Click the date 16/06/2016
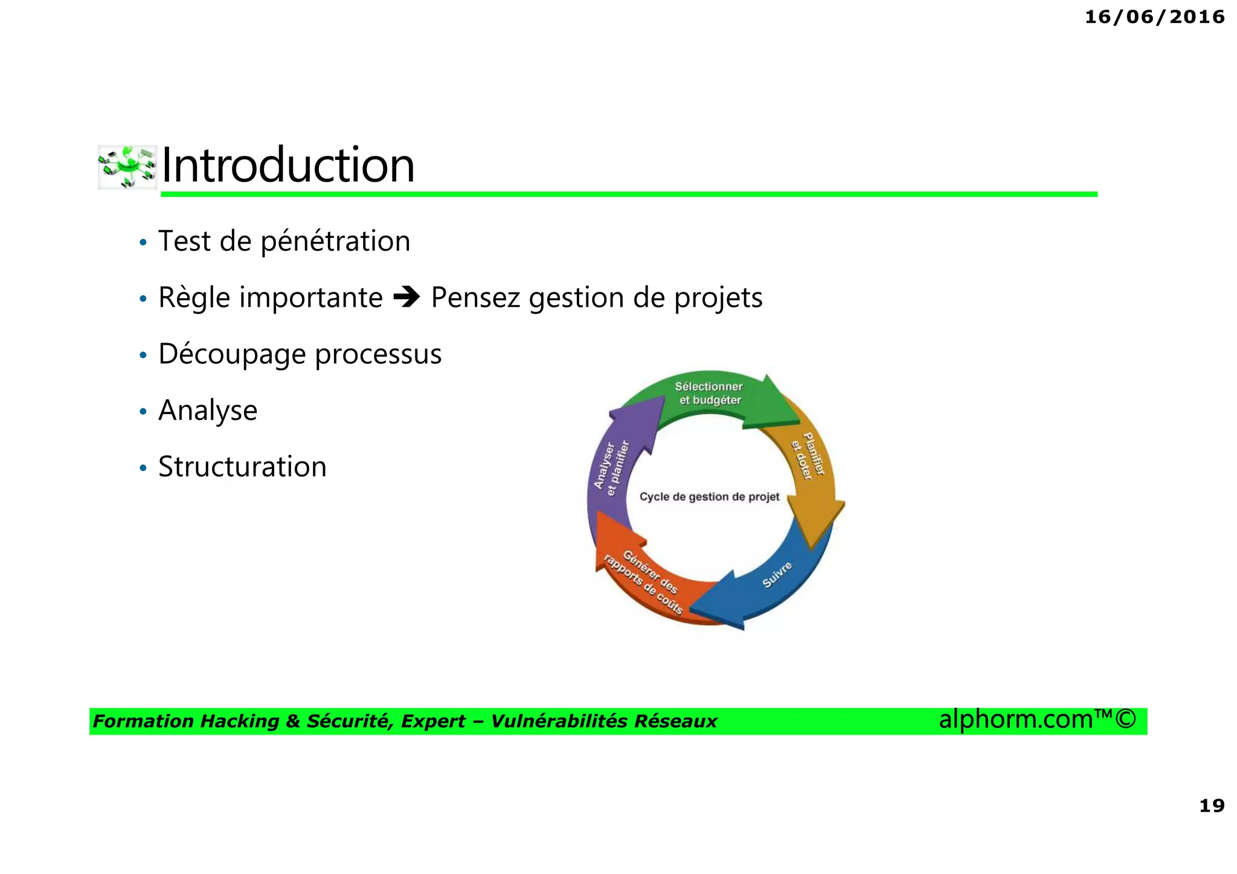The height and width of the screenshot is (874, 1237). click(x=1154, y=17)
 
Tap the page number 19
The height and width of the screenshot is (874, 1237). click(x=1211, y=806)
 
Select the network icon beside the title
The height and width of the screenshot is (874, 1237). click(x=127, y=167)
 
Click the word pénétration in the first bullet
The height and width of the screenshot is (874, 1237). click(x=335, y=242)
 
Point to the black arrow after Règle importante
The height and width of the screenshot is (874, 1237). click(x=406, y=297)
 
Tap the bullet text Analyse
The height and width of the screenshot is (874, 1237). click(x=208, y=411)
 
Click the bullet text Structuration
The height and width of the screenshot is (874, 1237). click(x=242, y=467)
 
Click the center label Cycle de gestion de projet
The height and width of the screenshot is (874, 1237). click(x=709, y=497)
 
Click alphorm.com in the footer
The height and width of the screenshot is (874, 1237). click(x=1015, y=719)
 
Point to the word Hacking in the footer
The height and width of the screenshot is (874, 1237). click(x=239, y=721)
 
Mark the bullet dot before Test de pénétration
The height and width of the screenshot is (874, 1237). click(x=143, y=243)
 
